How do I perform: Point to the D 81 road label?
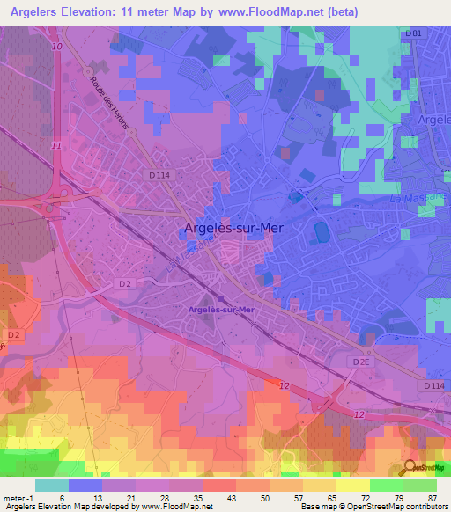point(413,33)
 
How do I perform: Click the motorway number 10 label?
point(57,45)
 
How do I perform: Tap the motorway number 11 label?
point(55,144)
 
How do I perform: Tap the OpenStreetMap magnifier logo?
point(410,467)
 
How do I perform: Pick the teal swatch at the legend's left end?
point(52,485)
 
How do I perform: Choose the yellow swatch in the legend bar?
point(353,485)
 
